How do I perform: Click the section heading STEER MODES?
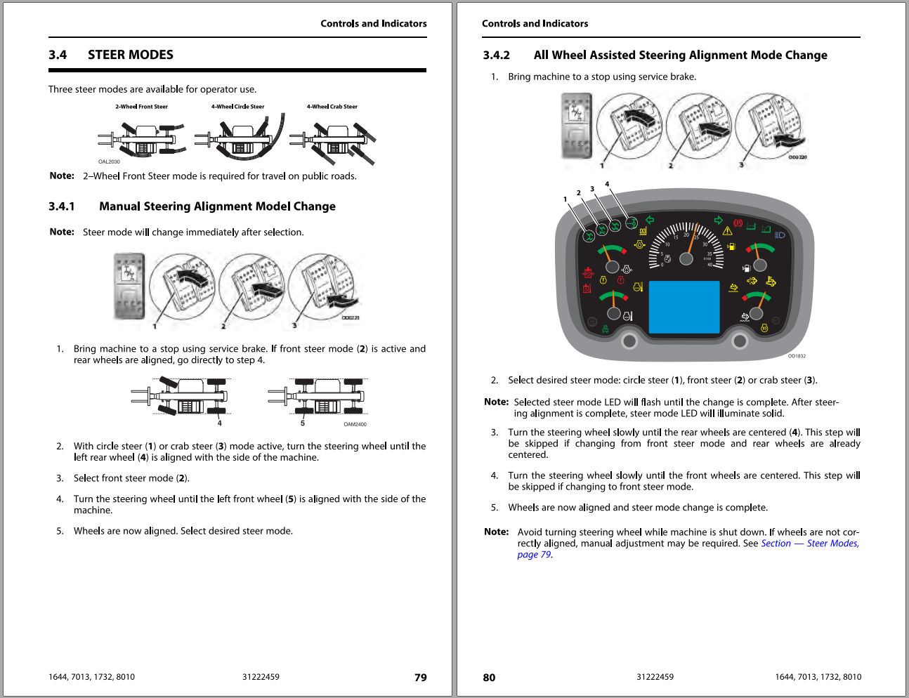click(130, 55)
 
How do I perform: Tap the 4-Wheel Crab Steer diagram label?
click(332, 107)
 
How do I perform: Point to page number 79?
click(420, 678)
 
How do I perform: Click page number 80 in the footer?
click(489, 678)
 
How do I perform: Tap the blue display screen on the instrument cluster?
click(684, 308)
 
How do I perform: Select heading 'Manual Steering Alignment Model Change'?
click(217, 206)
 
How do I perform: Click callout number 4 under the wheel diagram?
click(219, 423)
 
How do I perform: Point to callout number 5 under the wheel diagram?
click(303, 423)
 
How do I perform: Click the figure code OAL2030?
click(109, 162)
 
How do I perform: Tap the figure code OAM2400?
click(355, 424)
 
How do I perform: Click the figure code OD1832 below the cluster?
click(797, 356)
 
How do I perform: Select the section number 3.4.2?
click(496, 55)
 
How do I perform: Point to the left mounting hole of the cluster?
click(629, 341)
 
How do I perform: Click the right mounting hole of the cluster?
click(739, 341)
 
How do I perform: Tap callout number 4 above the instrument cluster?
click(607, 185)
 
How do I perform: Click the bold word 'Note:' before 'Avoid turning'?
click(496, 532)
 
